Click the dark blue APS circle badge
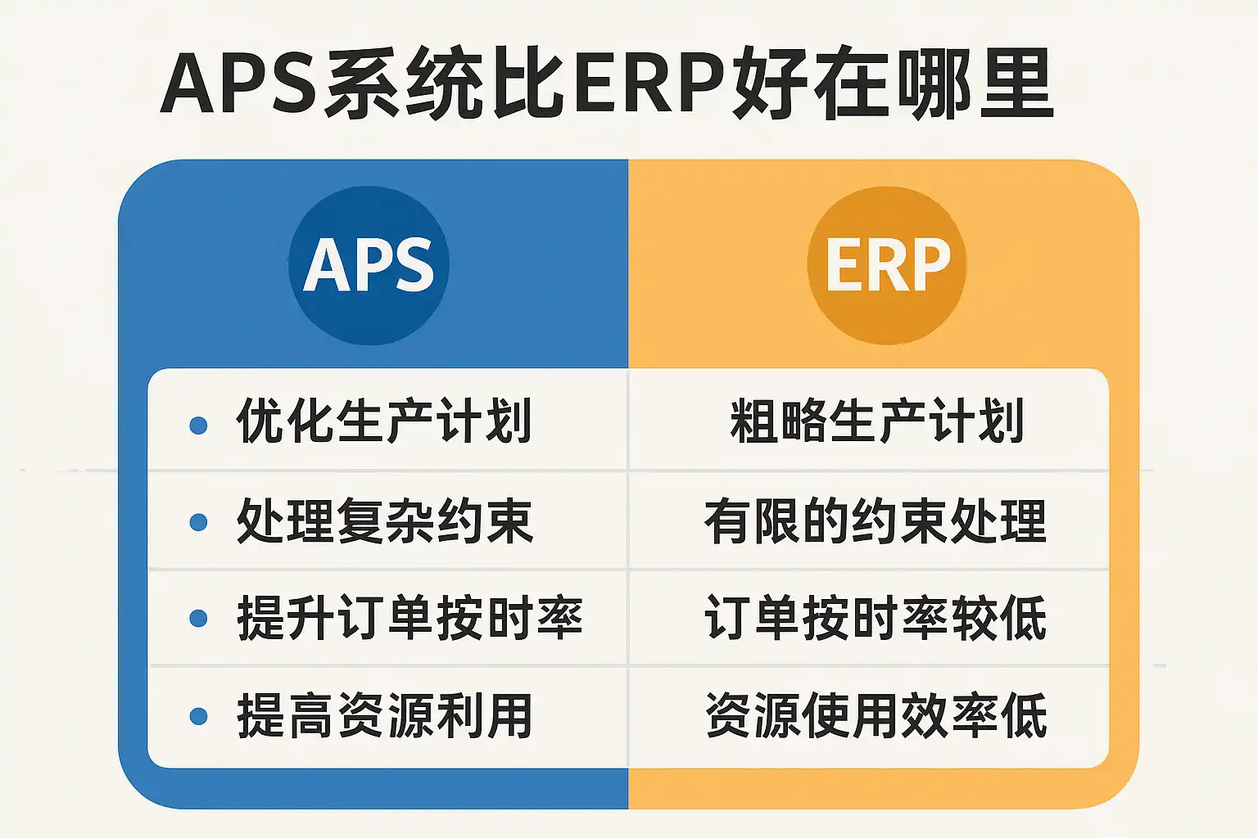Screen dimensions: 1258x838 coord(369,265)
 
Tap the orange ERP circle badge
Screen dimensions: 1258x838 coord(887,265)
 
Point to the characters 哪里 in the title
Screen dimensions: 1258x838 coord(975,83)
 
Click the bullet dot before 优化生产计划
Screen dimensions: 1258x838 coord(198,425)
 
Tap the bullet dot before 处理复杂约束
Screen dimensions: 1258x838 coord(198,522)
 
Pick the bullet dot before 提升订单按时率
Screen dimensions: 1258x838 coord(198,619)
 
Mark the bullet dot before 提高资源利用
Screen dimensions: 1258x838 coord(198,716)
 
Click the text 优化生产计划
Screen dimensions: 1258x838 coord(384,421)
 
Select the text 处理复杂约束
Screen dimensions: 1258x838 coord(385,520)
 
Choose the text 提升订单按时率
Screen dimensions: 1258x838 coord(410,617)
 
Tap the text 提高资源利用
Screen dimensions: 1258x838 coord(384,715)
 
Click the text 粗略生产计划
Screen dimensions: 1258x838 coord(877,421)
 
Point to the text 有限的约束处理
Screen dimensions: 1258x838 coord(876,520)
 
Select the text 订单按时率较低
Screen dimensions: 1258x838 coord(876,617)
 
